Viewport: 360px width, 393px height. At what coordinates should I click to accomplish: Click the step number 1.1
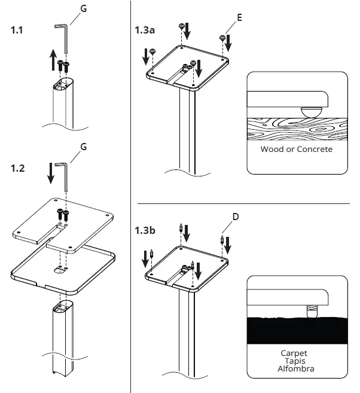(x=19, y=31)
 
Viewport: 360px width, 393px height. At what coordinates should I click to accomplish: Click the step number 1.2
(x=19, y=169)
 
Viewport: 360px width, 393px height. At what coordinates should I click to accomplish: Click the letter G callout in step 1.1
(x=84, y=8)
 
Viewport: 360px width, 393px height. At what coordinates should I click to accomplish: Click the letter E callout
(x=239, y=18)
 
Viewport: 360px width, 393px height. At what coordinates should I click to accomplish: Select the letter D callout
(x=236, y=216)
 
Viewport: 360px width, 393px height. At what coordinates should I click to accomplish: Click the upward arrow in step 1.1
(x=53, y=60)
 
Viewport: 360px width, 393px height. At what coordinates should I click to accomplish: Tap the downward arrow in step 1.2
(x=51, y=173)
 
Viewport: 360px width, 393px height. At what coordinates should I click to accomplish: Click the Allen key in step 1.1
(x=62, y=33)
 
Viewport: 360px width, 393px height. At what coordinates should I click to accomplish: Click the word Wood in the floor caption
(x=272, y=149)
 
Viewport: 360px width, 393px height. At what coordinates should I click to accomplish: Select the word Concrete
(x=314, y=149)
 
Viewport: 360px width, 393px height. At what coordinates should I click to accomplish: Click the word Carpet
(x=294, y=353)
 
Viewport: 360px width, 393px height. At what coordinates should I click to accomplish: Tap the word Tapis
(x=294, y=361)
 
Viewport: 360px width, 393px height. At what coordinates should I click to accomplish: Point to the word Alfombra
(x=294, y=368)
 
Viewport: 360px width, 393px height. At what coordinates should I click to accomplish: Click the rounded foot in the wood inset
(x=310, y=111)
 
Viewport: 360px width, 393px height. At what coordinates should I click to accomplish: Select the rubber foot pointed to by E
(x=222, y=38)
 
